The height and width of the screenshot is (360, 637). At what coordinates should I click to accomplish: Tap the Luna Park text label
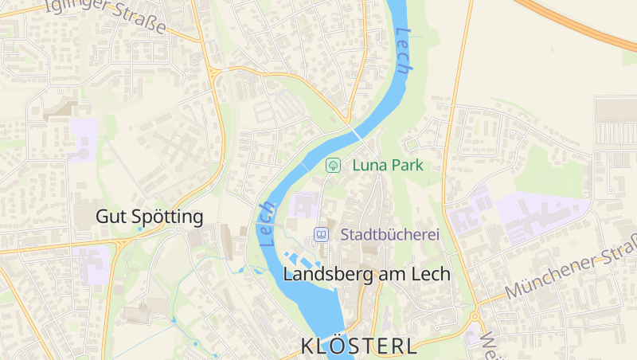click(388, 166)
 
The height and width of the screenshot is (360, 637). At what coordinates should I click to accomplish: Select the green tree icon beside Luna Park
click(334, 166)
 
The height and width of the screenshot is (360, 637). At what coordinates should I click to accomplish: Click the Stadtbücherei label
click(390, 235)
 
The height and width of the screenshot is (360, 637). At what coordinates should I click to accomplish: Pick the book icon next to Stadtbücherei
click(321, 235)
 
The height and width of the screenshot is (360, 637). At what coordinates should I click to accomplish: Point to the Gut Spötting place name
click(150, 217)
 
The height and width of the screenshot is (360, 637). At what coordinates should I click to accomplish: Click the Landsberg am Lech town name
click(367, 274)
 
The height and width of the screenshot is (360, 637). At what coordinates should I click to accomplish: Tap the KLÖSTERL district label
click(359, 346)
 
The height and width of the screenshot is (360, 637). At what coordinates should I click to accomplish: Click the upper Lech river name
click(404, 53)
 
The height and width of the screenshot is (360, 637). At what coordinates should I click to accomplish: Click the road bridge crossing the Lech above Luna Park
click(353, 127)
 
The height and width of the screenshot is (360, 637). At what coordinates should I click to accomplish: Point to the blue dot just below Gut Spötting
click(141, 229)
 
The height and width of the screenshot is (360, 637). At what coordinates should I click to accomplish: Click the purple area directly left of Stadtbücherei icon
click(303, 205)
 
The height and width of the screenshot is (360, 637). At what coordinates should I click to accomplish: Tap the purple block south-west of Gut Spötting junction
click(94, 263)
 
